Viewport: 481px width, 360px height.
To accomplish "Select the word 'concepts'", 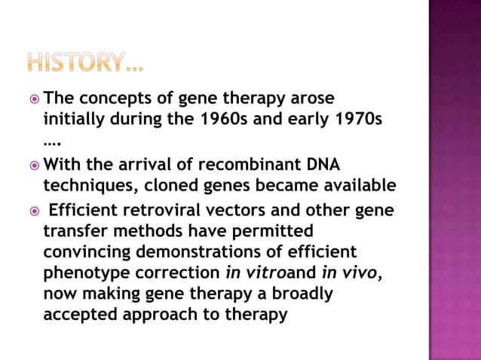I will point(121,99).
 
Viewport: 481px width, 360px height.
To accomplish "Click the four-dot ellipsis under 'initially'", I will point(52,141).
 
